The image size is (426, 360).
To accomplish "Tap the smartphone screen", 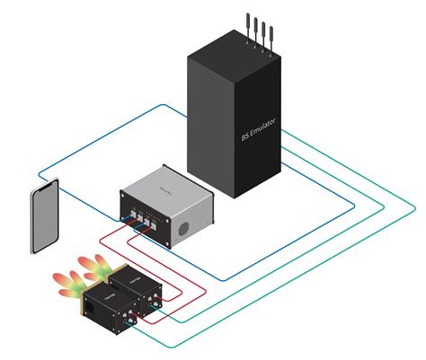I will [x=45, y=216].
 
